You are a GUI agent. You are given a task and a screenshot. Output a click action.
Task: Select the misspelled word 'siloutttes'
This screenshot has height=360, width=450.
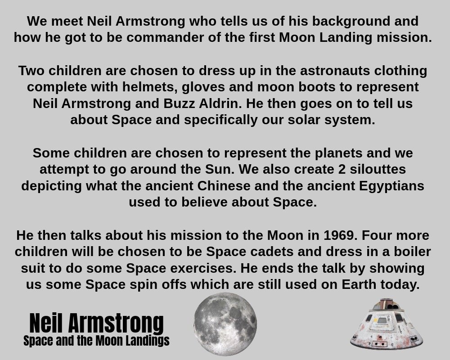click(378, 169)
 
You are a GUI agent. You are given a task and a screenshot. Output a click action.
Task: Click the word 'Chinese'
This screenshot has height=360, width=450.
click(224, 186)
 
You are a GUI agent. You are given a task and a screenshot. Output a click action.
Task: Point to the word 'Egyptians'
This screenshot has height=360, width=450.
click(391, 186)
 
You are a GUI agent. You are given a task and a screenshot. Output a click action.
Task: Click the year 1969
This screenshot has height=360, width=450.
click(340, 235)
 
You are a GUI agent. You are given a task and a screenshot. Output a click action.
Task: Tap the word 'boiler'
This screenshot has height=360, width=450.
click(412, 252)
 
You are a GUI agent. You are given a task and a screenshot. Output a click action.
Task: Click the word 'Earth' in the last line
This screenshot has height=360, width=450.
click(359, 285)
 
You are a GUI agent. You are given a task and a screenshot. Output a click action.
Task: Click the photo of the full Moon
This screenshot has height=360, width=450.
click(225, 324)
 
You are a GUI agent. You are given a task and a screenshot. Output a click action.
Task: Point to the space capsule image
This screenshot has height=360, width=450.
click(386, 324)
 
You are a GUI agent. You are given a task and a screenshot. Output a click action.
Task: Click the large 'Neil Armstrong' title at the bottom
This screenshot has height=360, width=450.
click(96, 323)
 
